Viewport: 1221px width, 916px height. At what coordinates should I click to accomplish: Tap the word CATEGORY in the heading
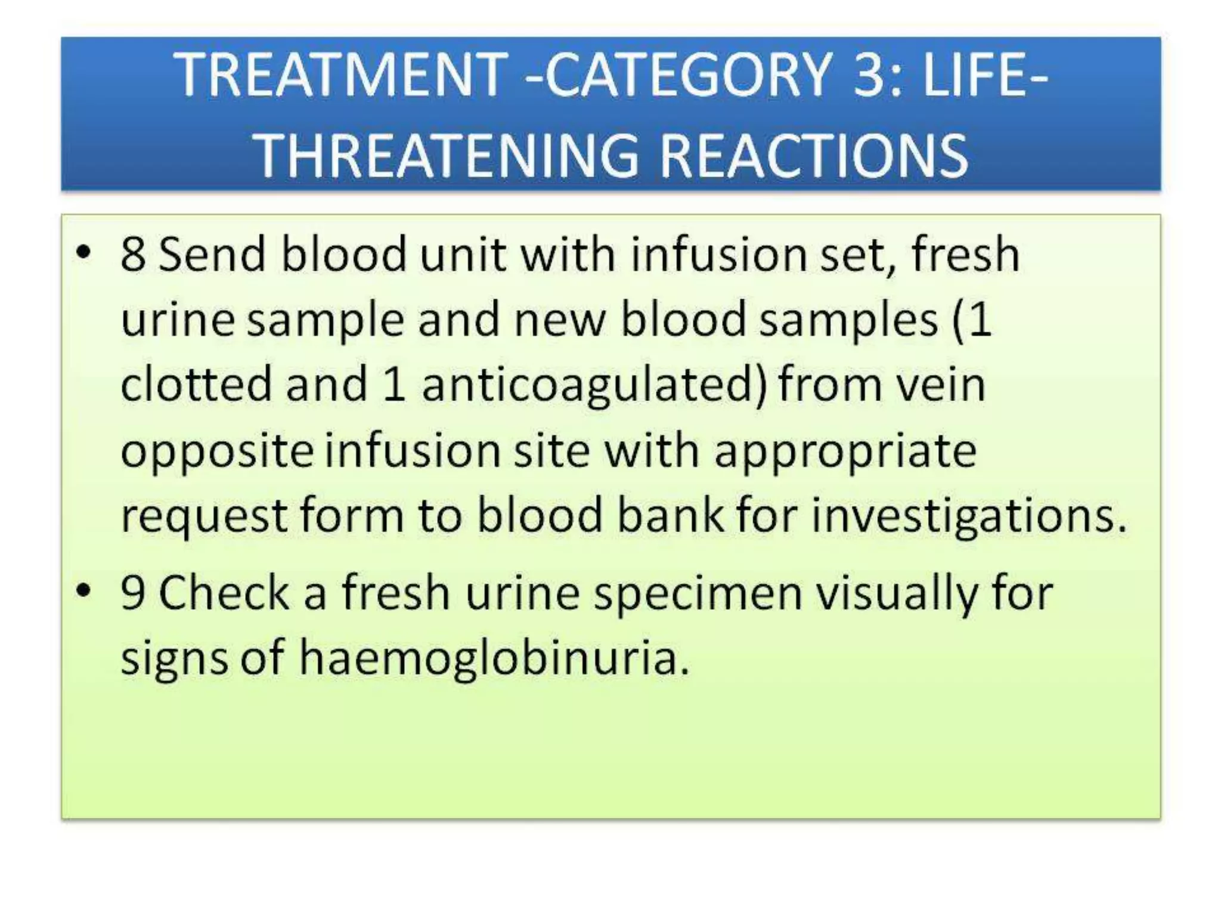click(689, 75)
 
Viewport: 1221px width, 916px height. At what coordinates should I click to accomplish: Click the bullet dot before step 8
click(84, 253)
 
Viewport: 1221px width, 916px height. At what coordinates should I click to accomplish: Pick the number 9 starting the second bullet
click(132, 594)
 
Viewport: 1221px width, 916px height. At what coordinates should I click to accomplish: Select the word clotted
click(196, 384)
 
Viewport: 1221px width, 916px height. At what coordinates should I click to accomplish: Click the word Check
click(224, 594)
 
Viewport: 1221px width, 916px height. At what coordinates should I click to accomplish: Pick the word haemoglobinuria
click(494, 658)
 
